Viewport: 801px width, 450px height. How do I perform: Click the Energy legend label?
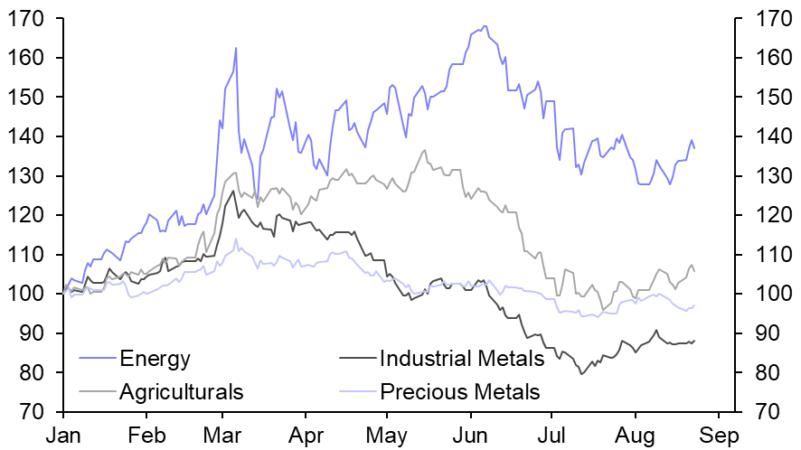click(155, 359)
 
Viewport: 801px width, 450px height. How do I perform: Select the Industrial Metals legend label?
click(461, 359)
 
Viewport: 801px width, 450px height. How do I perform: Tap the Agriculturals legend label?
click(181, 391)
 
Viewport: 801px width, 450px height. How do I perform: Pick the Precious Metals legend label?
click(459, 391)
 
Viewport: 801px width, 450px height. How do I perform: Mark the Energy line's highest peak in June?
click(485, 26)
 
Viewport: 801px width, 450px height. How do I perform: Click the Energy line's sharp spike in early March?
click(236, 48)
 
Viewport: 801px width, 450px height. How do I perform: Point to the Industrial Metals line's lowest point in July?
click(582, 373)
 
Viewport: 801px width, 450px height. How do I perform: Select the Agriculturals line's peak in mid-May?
click(425, 151)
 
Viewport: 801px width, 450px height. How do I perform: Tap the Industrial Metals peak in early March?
click(233, 191)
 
